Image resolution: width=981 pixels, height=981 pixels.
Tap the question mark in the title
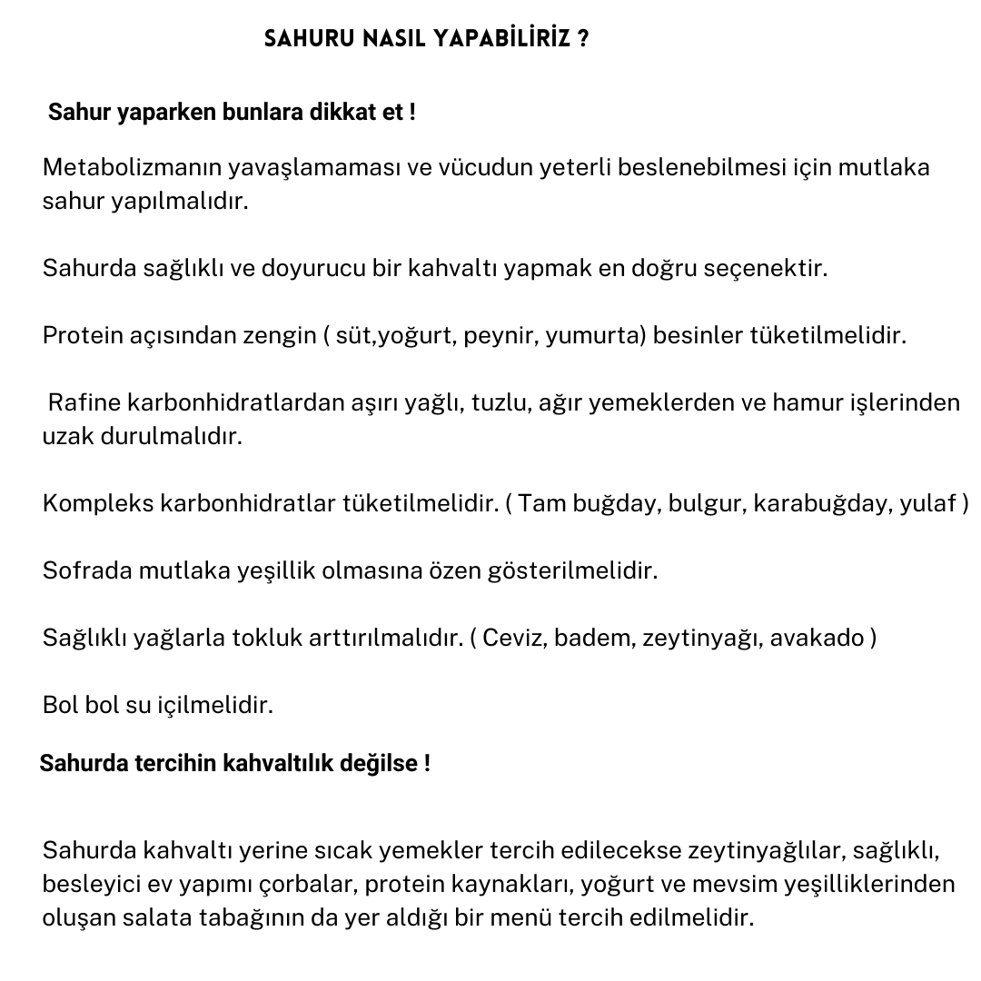click(x=582, y=40)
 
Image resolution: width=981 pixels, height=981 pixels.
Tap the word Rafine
click(x=84, y=402)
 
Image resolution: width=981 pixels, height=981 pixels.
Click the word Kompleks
click(x=97, y=503)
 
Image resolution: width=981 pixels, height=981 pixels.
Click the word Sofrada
click(x=87, y=570)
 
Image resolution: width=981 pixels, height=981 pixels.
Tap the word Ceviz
click(x=514, y=638)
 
